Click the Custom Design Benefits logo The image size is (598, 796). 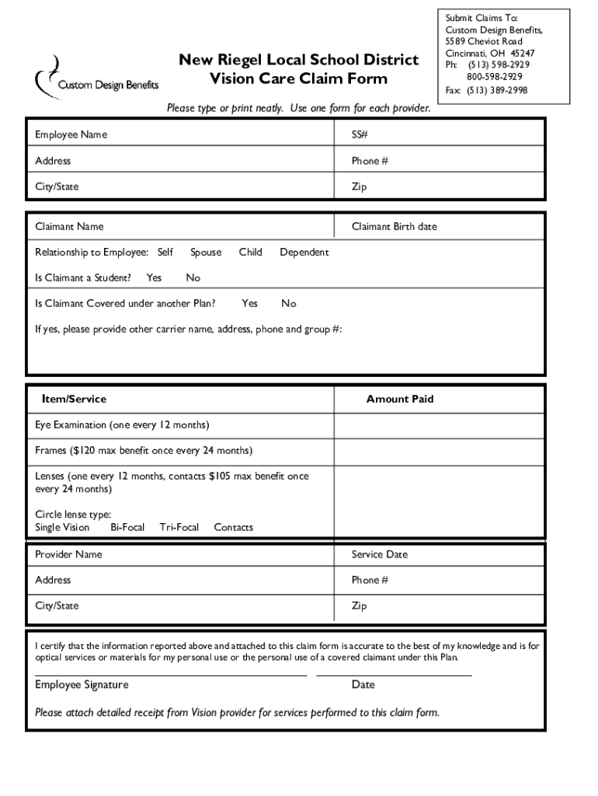point(96,75)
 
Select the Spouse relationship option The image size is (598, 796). point(206,252)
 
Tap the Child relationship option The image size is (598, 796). point(250,252)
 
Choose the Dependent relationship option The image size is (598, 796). point(304,252)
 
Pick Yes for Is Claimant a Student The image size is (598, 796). point(154,278)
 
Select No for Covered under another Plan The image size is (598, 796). point(288,303)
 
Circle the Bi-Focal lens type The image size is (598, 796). point(127,527)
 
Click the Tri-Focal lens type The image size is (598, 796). point(179,527)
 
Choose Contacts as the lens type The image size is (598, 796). point(233,527)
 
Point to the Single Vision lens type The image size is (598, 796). point(62,527)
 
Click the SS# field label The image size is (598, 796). point(359,134)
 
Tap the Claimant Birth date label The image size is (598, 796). point(394,226)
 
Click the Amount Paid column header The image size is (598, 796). point(400,399)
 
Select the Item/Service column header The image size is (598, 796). point(74,399)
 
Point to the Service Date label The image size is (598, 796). point(379,554)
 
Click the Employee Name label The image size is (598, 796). point(71,134)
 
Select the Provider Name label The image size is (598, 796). point(68,554)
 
